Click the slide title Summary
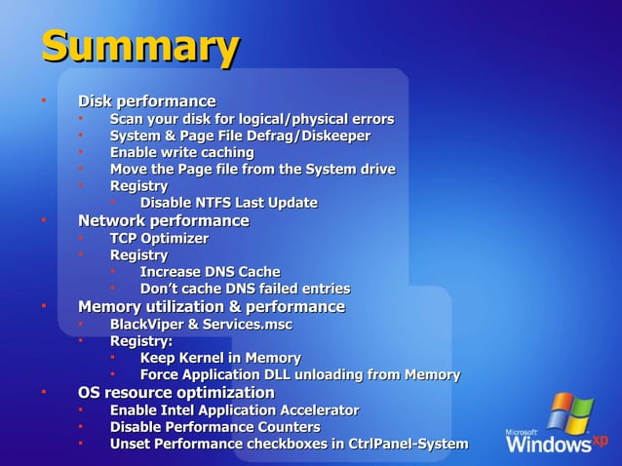tap(139, 47)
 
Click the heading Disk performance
tap(146, 101)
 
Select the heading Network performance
tap(163, 221)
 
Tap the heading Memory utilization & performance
tap(211, 307)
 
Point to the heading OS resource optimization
tap(175, 393)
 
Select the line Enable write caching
tap(181, 153)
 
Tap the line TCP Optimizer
tap(159, 238)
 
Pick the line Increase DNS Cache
tap(210, 272)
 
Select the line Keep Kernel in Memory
tap(220, 358)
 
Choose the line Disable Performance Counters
tap(214, 427)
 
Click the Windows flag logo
tap(569, 412)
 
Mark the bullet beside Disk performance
tap(44, 100)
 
